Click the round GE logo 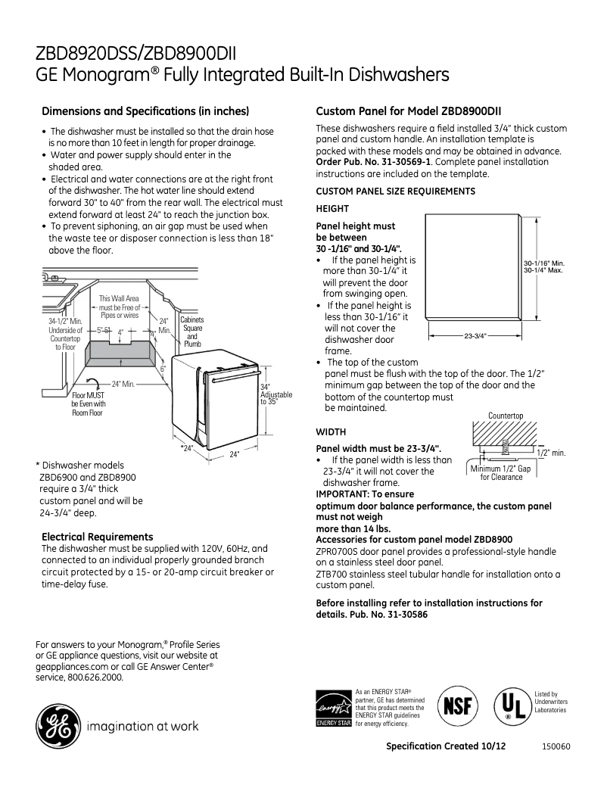click(x=58, y=726)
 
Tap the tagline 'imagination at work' click(x=144, y=727)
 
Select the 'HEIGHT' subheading click(x=332, y=208)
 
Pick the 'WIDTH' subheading click(x=331, y=431)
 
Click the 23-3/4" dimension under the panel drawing click(x=475, y=335)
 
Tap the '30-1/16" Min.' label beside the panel click(x=543, y=263)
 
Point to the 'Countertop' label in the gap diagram click(x=505, y=416)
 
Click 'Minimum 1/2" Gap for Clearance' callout click(x=501, y=473)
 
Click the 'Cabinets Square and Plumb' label click(x=192, y=332)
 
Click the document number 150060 click(x=556, y=746)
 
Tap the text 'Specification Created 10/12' click(x=446, y=746)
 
